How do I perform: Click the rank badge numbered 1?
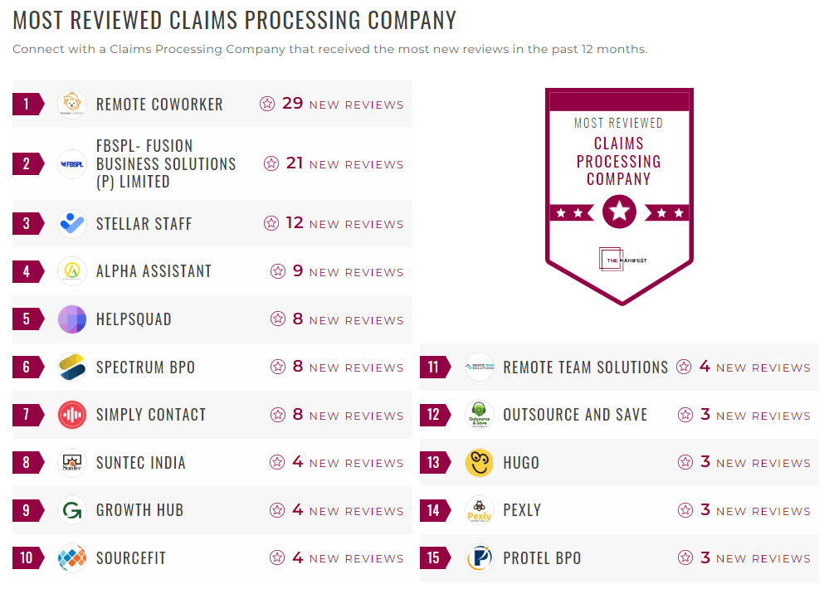pyautogui.click(x=27, y=104)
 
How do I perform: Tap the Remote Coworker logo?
pyautogui.click(x=72, y=104)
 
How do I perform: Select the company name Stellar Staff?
pyautogui.click(x=144, y=224)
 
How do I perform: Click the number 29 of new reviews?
pyautogui.click(x=292, y=104)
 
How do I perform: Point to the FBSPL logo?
pyautogui.click(x=72, y=164)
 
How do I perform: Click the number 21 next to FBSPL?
pyautogui.click(x=295, y=163)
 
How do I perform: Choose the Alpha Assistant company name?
pyautogui.click(x=154, y=271)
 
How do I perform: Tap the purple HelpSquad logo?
pyautogui.click(x=72, y=319)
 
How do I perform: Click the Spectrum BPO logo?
pyautogui.click(x=72, y=367)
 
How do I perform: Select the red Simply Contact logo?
pyautogui.click(x=72, y=415)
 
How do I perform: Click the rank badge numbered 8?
pyautogui.click(x=27, y=463)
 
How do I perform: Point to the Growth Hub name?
pyautogui.click(x=139, y=510)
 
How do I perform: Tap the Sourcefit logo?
pyautogui.click(x=72, y=558)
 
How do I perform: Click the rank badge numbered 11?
pyautogui.click(x=434, y=367)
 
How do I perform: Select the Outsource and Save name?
pyautogui.click(x=575, y=415)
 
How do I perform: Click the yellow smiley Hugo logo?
pyautogui.click(x=480, y=463)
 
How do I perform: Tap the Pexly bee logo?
pyautogui.click(x=480, y=510)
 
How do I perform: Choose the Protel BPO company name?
pyautogui.click(x=542, y=558)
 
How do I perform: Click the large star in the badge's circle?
pyautogui.click(x=619, y=212)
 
